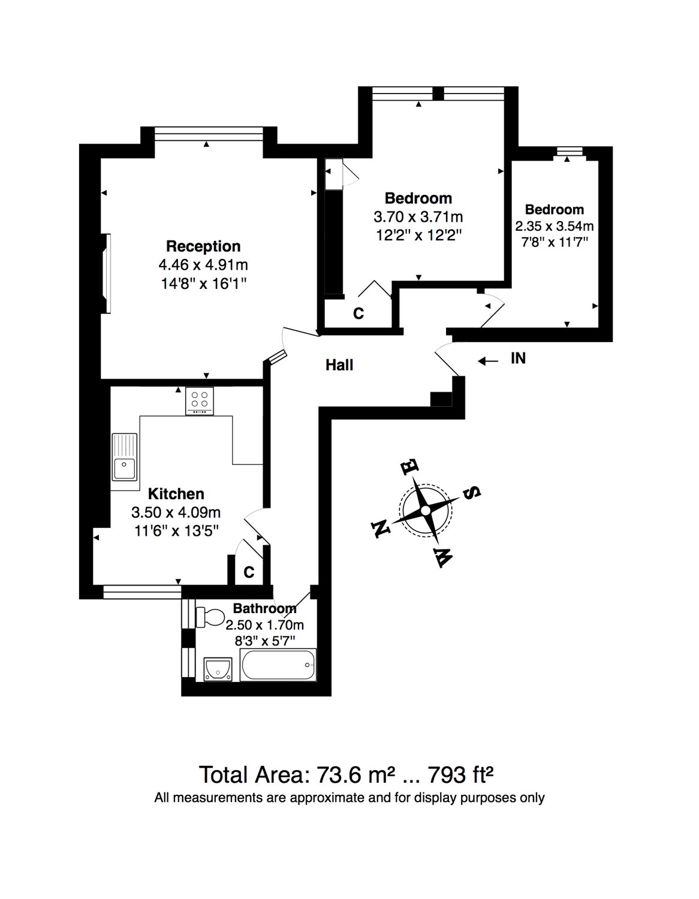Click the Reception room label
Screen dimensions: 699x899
click(x=203, y=246)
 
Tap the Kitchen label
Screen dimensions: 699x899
click(x=176, y=494)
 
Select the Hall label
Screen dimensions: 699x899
click(x=339, y=365)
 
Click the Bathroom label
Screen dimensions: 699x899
click(x=265, y=608)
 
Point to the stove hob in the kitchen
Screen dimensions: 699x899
click(x=200, y=401)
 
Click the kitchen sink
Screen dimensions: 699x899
click(x=124, y=456)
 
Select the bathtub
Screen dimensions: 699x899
click(x=278, y=665)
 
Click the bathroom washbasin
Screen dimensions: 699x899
click(x=218, y=669)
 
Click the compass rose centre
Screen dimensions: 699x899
click(x=425, y=511)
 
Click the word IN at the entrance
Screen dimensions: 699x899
click(x=518, y=358)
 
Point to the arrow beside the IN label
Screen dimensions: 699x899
click(x=488, y=361)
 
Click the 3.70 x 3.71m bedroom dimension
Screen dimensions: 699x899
click(x=418, y=217)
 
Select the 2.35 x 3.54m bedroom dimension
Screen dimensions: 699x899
click(x=555, y=227)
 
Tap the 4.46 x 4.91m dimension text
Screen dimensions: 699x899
click(x=203, y=264)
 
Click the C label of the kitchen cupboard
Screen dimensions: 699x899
click(x=249, y=572)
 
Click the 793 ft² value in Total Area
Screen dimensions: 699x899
click(x=460, y=774)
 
